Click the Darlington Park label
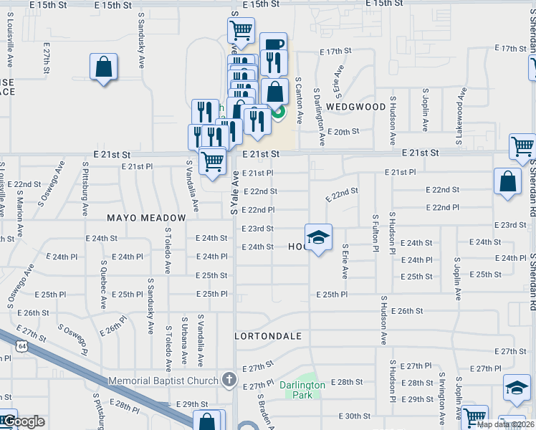click(x=302, y=390)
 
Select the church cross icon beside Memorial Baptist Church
click(x=229, y=379)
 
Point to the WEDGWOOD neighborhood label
click(x=356, y=107)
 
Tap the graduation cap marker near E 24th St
click(x=319, y=237)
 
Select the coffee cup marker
click(x=273, y=44)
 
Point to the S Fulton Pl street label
click(x=375, y=231)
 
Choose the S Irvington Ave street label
click(x=441, y=396)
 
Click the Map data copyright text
click(x=505, y=424)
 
